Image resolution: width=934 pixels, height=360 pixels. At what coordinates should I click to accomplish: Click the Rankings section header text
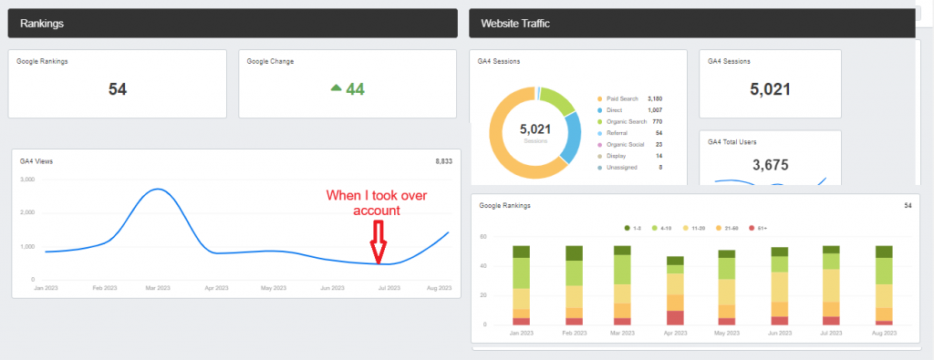click(x=41, y=23)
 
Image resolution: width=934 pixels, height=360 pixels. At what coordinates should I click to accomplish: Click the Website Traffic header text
click(x=515, y=23)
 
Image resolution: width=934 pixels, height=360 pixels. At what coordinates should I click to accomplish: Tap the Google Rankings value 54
click(x=118, y=88)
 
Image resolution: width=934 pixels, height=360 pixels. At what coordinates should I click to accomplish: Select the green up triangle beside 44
click(x=336, y=88)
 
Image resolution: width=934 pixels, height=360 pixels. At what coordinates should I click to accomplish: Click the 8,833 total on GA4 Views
click(x=444, y=161)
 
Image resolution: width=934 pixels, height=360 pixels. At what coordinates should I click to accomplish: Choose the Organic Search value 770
click(x=655, y=121)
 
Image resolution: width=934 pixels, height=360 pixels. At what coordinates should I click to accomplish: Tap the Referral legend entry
click(x=616, y=133)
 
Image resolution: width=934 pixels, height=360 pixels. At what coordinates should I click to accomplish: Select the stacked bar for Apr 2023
click(x=675, y=291)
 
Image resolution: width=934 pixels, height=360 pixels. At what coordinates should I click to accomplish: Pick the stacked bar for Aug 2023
click(x=884, y=285)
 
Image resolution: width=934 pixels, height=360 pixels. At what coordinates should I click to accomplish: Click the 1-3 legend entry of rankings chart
click(x=633, y=226)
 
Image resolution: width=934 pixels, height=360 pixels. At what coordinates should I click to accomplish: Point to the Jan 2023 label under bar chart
click(x=521, y=333)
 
